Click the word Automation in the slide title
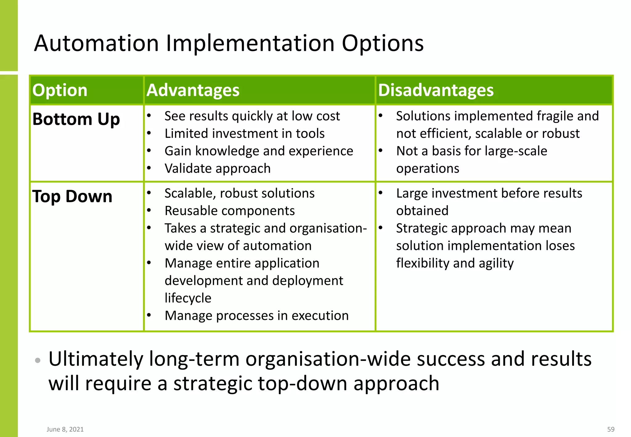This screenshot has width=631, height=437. pyautogui.click(x=96, y=43)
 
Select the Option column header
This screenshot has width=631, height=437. pyautogui.click(x=60, y=90)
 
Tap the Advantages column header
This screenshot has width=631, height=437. pyautogui.click(x=193, y=90)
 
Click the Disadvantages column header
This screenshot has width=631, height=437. pyautogui.click(x=436, y=90)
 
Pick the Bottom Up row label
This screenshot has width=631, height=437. pyautogui.click(x=76, y=119)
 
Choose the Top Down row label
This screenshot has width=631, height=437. pyautogui.click(x=72, y=196)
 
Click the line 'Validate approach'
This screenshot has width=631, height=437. pyautogui.click(x=218, y=169)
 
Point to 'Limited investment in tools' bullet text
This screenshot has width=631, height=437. pyautogui.click(x=244, y=134)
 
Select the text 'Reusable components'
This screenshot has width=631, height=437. pyautogui.click(x=230, y=211)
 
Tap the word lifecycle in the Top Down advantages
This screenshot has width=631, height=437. pyautogui.click(x=188, y=298)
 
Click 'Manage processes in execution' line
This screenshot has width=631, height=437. pyautogui.click(x=256, y=316)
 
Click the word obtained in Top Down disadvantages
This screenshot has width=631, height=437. pyautogui.click(x=422, y=211)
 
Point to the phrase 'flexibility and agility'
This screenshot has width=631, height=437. pyautogui.click(x=455, y=263)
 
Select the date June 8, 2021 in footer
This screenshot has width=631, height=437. pyautogui.click(x=65, y=429)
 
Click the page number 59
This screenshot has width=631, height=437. pyautogui.click(x=611, y=429)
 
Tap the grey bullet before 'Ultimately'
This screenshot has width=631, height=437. pyautogui.click(x=38, y=360)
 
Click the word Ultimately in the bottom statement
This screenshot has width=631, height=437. pyautogui.click(x=96, y=359)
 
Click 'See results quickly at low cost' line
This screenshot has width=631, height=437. pyautogui.click(x=252, y=116)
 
